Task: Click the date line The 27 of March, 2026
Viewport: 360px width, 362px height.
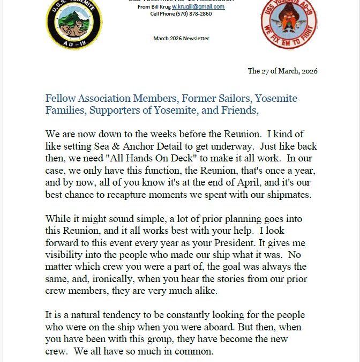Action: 282,71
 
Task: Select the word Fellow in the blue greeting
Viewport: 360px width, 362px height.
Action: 61,99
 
